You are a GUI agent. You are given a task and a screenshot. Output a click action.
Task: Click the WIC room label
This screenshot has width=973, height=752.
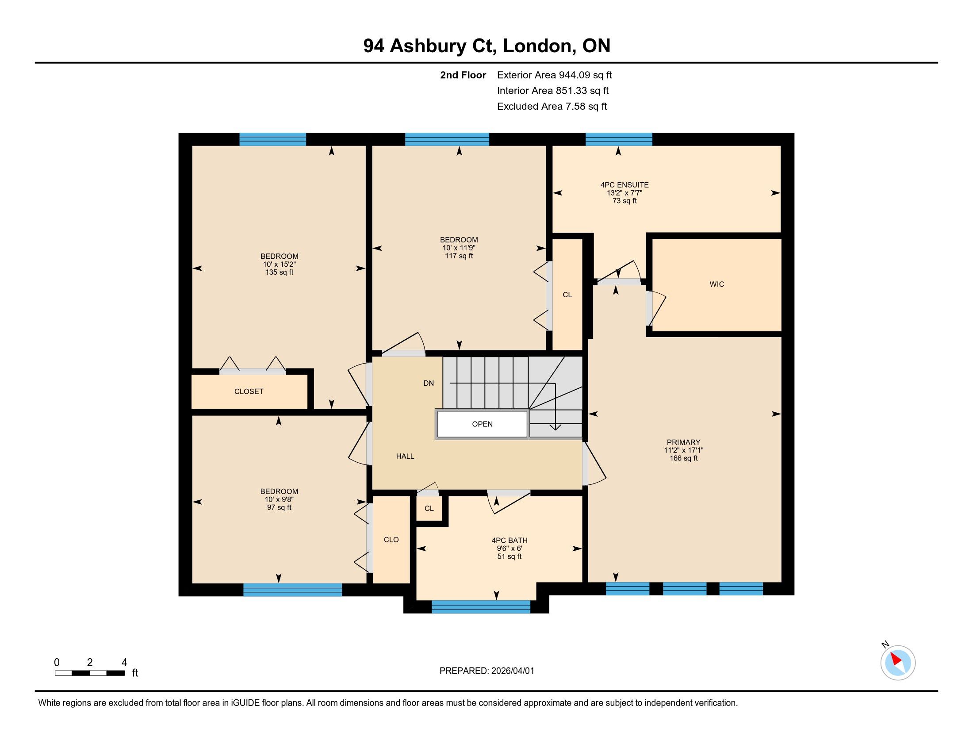pos(716,284)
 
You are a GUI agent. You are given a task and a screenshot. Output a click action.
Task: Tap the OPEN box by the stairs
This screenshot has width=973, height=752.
pos(482,424)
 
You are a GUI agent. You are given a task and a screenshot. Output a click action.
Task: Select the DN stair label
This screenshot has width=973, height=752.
pos(429,383)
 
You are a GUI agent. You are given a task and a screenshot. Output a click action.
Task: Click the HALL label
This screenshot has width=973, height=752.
pos(405,456)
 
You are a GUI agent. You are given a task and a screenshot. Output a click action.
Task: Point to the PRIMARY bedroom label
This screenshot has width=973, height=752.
pos(683,442)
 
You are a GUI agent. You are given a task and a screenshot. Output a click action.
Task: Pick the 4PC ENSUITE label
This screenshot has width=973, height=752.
pos(624,185)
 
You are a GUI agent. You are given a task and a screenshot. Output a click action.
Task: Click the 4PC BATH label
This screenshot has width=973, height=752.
pos(509,541)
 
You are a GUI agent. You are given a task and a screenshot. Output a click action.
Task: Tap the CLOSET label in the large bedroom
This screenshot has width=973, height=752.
pos(249,391)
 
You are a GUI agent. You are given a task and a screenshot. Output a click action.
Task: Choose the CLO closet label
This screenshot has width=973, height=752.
pos(391,540)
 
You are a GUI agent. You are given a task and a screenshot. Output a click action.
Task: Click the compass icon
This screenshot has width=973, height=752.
pos(898,663)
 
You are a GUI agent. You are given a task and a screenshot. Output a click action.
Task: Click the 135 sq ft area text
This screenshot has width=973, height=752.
pos(280,272)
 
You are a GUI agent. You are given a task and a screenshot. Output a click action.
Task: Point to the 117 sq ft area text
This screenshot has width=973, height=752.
pos(459,256)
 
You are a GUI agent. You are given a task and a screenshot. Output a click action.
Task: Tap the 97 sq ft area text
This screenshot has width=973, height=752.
pos(280,507)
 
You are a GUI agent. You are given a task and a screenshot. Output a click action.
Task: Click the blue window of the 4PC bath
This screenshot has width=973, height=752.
pos(481,607)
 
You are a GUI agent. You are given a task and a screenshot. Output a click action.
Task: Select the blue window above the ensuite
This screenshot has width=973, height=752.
pos(619,139)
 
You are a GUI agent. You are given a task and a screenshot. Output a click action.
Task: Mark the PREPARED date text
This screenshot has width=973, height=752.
pos(486,671)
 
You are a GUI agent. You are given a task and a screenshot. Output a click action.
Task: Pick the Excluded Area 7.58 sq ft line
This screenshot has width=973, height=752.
pos(552,107)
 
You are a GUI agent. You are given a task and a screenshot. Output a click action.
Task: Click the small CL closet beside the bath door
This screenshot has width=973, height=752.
pos(429,508)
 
